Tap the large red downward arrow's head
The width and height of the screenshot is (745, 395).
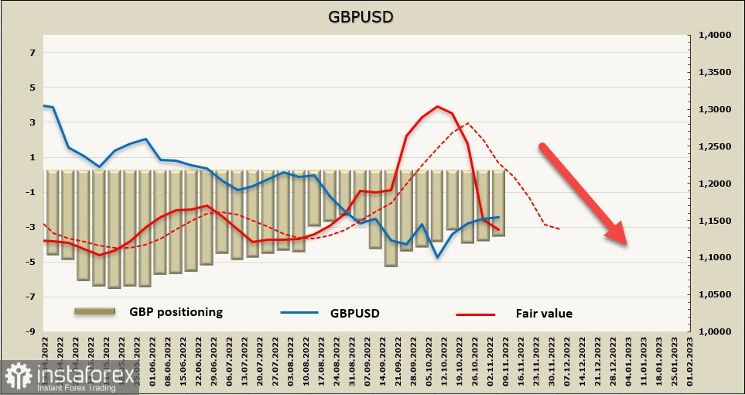tap(619, 235)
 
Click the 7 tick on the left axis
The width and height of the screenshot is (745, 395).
tap(33, 53)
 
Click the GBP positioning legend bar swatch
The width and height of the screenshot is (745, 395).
tap(95, 311)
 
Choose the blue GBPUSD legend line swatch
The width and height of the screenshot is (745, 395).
tap(300, 314)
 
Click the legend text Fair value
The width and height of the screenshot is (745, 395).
tap(544, 314)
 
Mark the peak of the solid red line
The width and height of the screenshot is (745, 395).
tap(438, 107)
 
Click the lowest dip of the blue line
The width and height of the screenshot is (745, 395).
tap(438, 257)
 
